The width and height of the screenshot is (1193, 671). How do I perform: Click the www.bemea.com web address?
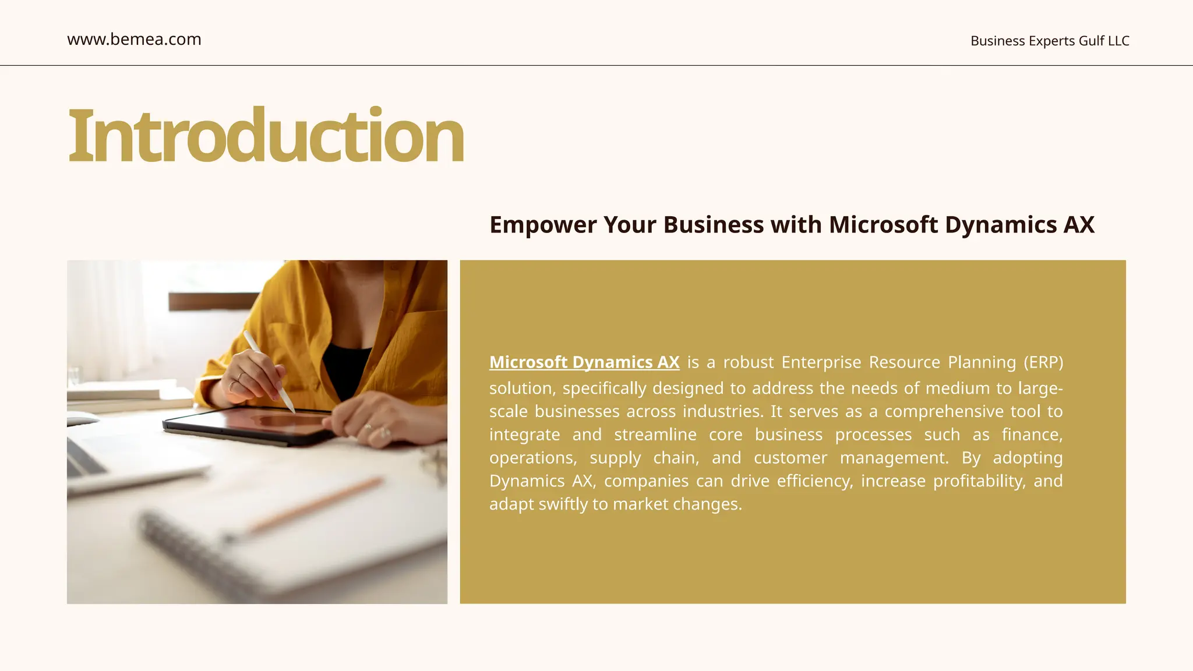(134, 40)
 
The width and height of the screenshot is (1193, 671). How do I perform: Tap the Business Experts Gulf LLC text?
(1050, 41)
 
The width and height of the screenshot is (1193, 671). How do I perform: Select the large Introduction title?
(266, 136)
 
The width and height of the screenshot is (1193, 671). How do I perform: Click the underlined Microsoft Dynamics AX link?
(584, 362)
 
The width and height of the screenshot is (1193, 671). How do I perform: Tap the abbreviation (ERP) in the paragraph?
(1043, 362)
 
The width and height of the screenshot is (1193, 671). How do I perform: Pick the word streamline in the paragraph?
(655, 435)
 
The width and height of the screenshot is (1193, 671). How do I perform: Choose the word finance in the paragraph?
(1032, 435)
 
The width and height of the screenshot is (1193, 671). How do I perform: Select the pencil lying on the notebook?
(315, 506)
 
